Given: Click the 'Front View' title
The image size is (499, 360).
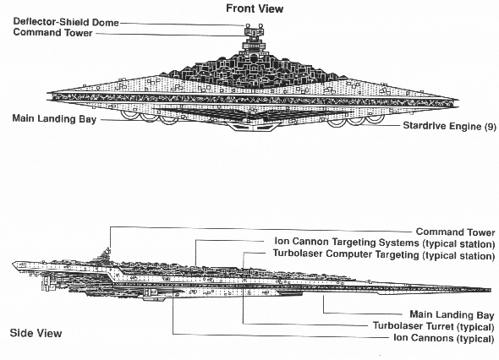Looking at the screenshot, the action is point(255,8).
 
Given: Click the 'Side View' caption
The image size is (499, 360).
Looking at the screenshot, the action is point(36,333).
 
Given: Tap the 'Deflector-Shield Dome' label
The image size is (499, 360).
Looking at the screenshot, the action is point(66,22).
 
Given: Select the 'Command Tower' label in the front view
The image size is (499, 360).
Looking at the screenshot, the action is point(52,33).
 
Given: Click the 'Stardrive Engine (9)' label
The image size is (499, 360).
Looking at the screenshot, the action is point(449,126).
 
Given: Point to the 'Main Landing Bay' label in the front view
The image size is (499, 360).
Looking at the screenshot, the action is point(54,119).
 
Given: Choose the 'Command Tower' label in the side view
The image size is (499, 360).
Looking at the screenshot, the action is point(455,232).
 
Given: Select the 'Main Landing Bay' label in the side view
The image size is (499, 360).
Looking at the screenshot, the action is point(452,315).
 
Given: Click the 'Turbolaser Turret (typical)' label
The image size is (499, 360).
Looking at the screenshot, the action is point(433,326).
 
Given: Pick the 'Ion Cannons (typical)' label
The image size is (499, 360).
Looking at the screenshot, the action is point(444,338).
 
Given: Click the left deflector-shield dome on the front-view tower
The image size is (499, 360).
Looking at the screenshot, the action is point(247,25).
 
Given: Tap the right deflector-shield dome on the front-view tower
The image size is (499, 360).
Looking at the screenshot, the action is point(260,25).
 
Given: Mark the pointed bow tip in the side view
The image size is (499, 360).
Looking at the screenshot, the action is point(491,290).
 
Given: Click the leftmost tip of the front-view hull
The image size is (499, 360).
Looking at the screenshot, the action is point(47,96).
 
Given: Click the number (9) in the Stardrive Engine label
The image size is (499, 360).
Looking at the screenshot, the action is point(490,127).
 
